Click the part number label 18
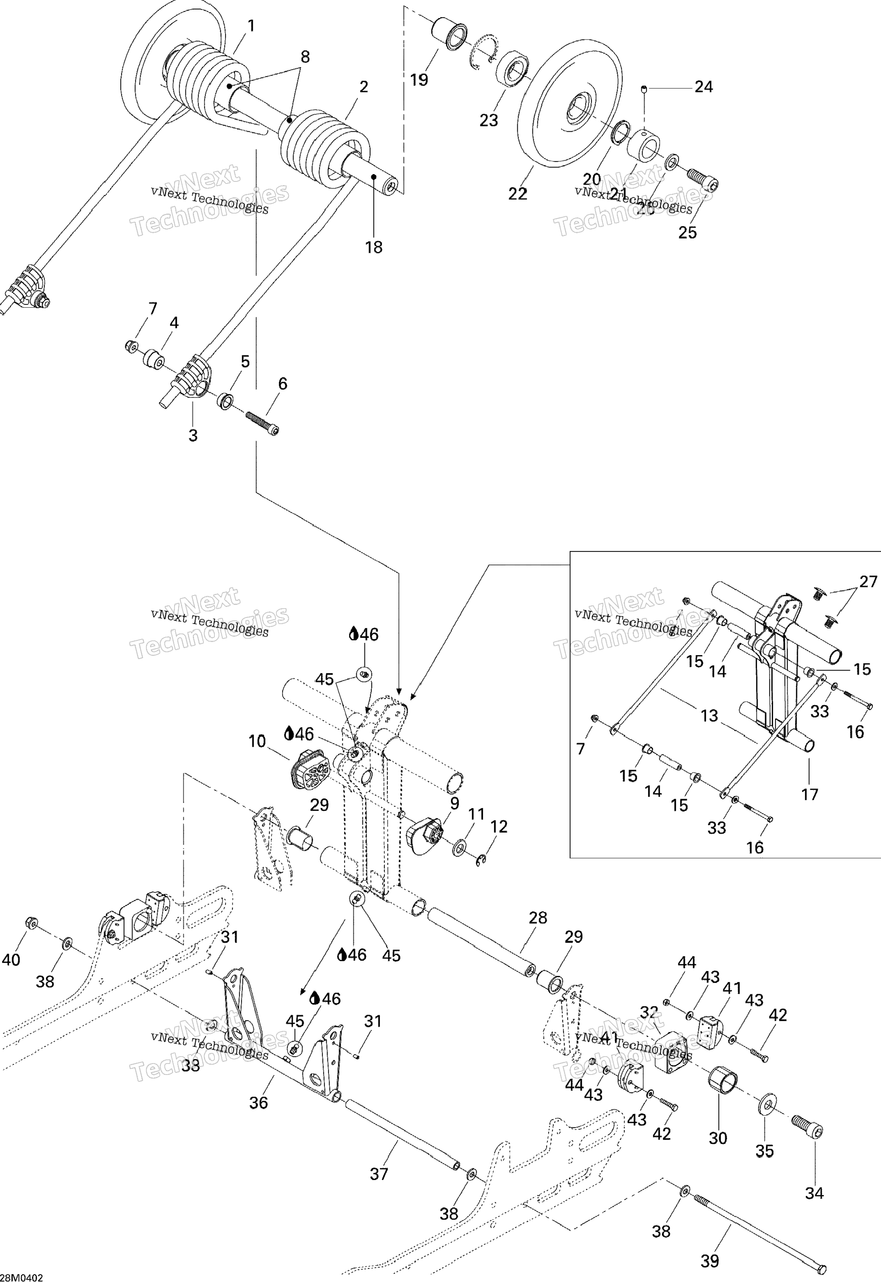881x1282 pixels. [x=374, y=247]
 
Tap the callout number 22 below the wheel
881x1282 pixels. [x=518, y=194]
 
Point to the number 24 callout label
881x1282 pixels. [x=703, y=87]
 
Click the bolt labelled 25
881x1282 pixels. [x=703, y=181]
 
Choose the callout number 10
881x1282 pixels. [x=257, y=741]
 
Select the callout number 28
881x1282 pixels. [x=538, y=918]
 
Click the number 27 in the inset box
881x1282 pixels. [x=868, y=581]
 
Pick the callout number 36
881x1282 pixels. [x=258, y=1103]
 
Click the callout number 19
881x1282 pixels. [x=419, y=80]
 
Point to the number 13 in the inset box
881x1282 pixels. [x=709, y=716]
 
